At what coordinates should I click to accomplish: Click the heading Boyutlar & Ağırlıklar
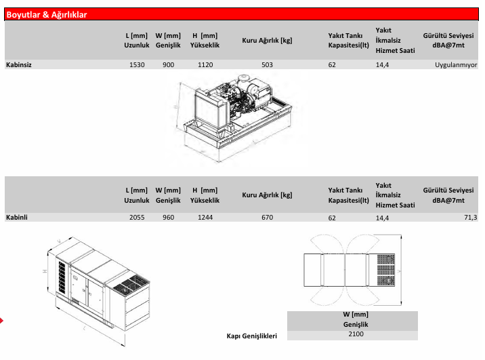(x=47, y=14)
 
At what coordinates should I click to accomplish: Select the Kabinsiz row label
(x=20, y=65)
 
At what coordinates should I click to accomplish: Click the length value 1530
(x=137, y=65)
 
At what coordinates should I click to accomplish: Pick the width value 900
(x=169, y=65)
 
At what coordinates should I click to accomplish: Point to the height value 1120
(x=205, y=65)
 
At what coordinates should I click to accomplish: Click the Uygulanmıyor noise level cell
(x=456, y=66)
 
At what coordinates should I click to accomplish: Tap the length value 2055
(x=137, y=218)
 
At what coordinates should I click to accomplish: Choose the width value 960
(x=169, y=218)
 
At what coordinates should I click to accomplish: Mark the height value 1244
(x=205, y=218)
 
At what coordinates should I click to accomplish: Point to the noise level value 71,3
(x=471, y=218)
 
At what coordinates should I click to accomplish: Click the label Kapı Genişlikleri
(x=252, y=336)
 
